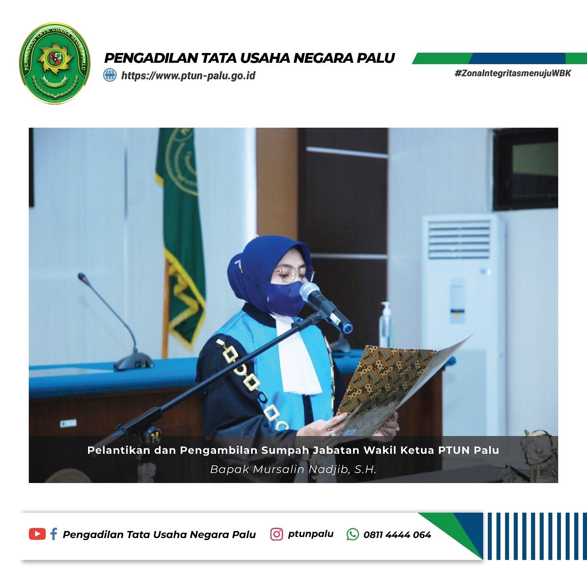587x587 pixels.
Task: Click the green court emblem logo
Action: [55, 63]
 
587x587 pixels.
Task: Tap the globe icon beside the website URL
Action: [110, 75]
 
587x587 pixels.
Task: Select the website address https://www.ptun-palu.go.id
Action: [188, 75]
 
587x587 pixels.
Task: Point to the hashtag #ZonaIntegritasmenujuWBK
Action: [513, 73]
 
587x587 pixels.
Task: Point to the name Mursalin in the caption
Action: [279, 470]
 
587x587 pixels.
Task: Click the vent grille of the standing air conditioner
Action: [459, 240]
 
